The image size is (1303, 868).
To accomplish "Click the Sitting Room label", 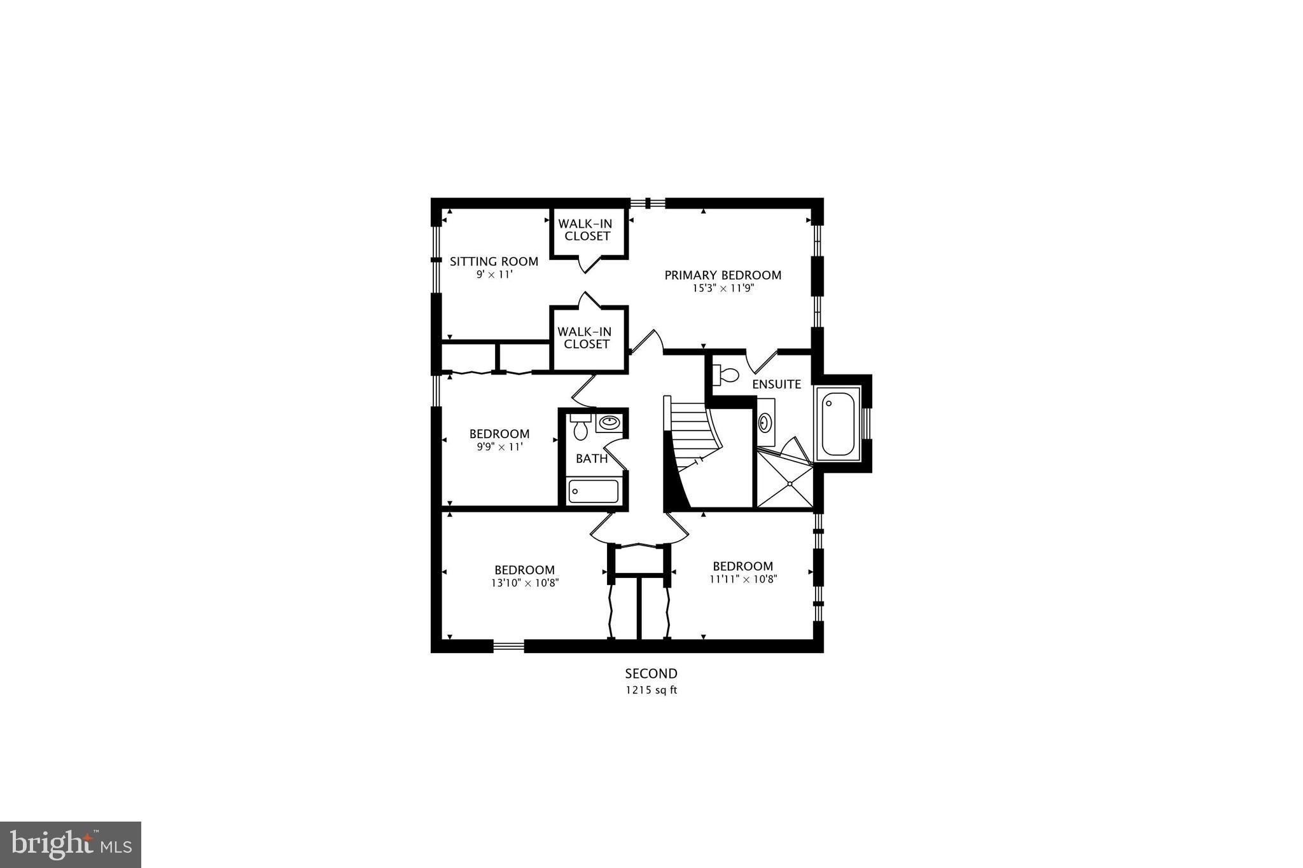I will tap(494, 261).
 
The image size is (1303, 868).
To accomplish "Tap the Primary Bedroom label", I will tap(723, 275).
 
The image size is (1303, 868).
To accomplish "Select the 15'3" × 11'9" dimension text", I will tap(723, 288).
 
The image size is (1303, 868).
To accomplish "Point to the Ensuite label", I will tap(776, 384).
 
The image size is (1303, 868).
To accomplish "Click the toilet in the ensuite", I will tap(725, 375).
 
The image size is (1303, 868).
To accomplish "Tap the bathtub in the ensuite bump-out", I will tap(838, 424).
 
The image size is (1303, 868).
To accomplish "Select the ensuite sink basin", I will tap(765, 421).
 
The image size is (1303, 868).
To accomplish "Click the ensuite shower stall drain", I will tap(789, 484).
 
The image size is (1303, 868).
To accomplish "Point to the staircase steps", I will tap(690, 432).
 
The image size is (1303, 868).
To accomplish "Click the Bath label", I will tap(592, 458).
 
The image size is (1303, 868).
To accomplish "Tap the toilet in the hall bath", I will tap(580, 427).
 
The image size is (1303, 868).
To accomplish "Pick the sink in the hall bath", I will tap(610, 422).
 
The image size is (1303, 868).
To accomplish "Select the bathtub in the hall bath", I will tap(593, 492).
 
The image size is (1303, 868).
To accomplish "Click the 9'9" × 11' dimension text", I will tap(499, 447).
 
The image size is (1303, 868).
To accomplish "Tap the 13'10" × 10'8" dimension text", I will tap(525, 582).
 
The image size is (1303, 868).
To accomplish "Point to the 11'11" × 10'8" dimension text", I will tap(743, 579).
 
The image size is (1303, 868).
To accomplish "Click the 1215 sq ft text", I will tap(651, 690).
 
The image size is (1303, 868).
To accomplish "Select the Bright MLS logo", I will tap(71, 844).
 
